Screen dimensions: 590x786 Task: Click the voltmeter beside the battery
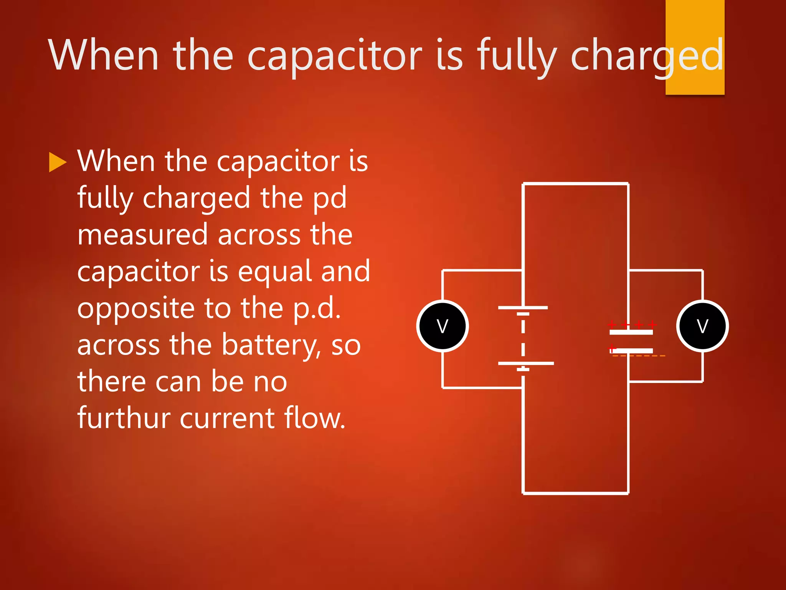[443, 326]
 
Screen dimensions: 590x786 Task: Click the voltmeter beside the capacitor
[702, 326]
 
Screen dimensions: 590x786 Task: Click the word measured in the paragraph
[142, 234]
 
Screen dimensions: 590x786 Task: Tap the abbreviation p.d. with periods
[317, 308]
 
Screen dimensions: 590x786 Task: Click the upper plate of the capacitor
[631, 332]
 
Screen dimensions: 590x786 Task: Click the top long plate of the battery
[523, 308]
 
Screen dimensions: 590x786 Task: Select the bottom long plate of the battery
[526, 363]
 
